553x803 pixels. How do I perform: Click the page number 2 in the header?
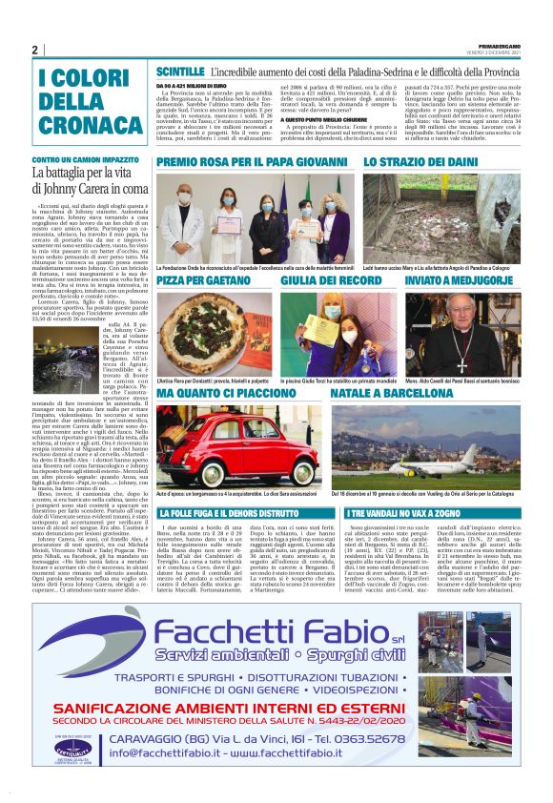pyautogui.click(x=34, y=50)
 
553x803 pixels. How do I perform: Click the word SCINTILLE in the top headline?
pyautogui.click(x=179, y=72)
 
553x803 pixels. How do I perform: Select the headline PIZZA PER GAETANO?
pyautogui.click(x=203, y=282)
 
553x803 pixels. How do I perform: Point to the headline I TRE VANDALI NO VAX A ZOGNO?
pyautogui.click(x=407, y=513)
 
